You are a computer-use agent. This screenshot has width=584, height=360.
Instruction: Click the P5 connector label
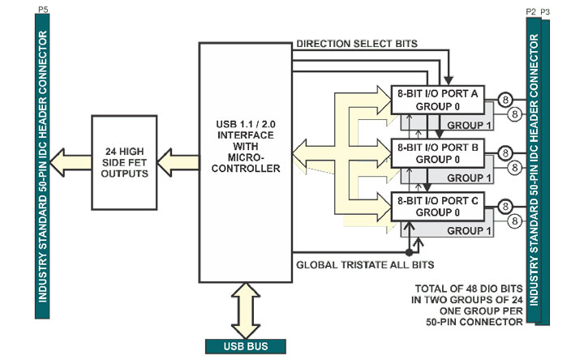coord(42,8)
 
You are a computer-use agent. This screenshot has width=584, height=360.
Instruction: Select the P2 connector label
coord(530,11)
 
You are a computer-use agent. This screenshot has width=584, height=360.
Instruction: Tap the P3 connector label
coord(545,11)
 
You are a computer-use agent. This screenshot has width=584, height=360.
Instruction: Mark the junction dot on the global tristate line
coord(410,251)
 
